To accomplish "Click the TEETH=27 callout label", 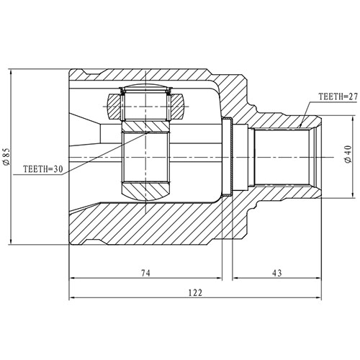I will pyautogui.click(x=338, y=96).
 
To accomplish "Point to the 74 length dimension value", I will pyautogui.click(x=145, y=273).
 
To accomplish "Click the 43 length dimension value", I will pyautogui.click(x=276, y=273).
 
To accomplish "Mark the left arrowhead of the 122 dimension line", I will pyautogui.click(x=73, y=298).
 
